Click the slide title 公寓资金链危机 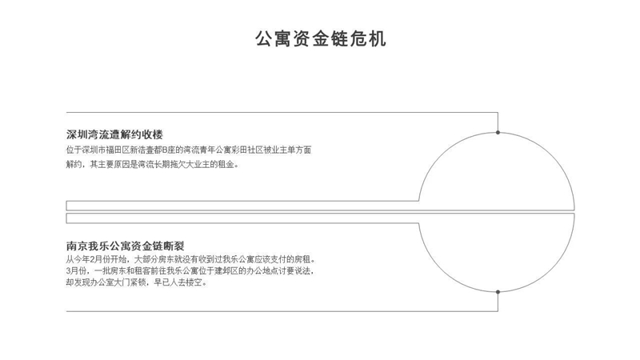pos(321,38)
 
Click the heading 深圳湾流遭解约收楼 pos(114,134)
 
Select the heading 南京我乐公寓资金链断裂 pos(126,246)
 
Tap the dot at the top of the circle pos(498,132)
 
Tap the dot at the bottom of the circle pos(498,292)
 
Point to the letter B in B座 pos(165,150)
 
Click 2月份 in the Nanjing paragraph pos(102,259)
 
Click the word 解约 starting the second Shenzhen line pos(74,165)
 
